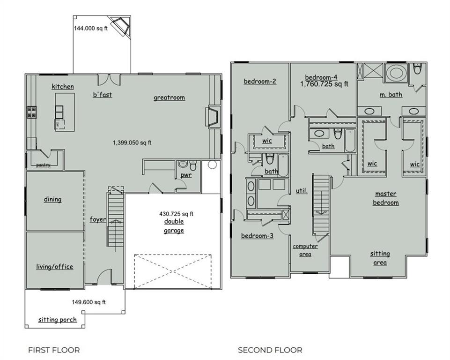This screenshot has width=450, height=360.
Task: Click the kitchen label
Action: pos(63,86)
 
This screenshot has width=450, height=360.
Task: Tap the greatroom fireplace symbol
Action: pos(213,116)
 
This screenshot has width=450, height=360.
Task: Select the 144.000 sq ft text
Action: pos(91,28)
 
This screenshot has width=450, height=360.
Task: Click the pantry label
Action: pos(44,165)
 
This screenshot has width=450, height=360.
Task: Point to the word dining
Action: pos(52,199)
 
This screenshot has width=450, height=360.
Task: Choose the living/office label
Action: pos(54,267)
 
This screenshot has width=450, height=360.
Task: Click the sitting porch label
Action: pos(58,320)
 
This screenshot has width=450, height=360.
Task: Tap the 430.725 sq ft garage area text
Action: pos(176,214)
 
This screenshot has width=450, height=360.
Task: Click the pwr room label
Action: pos(186,175)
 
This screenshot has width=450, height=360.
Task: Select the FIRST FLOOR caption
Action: pos(54,350)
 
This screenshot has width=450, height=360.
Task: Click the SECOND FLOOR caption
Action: pos(270,350)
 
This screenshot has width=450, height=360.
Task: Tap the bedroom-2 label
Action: pos(260,81)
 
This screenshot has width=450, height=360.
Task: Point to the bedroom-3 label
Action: pos(257,236)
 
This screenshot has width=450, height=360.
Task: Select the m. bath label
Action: pos(391,95)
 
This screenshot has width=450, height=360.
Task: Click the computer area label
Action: pos(305,250)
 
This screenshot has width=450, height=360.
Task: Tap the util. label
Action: pos(302,190)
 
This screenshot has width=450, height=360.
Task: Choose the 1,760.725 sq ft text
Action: pos(325,84)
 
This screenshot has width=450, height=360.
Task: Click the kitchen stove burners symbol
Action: pos(31,112)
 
